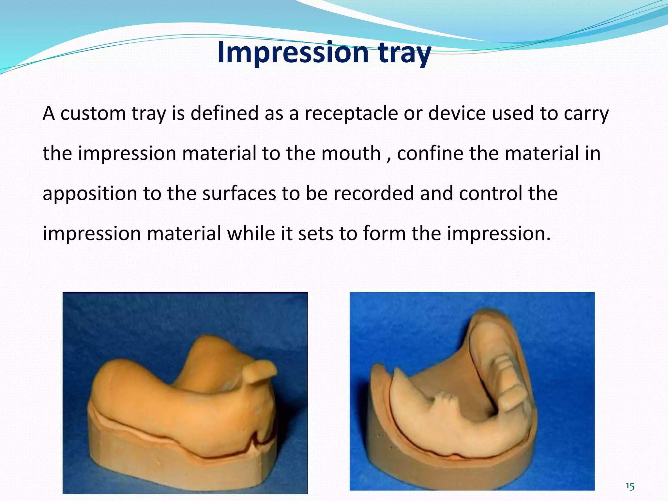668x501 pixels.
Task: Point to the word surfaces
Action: pos(239,193)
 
